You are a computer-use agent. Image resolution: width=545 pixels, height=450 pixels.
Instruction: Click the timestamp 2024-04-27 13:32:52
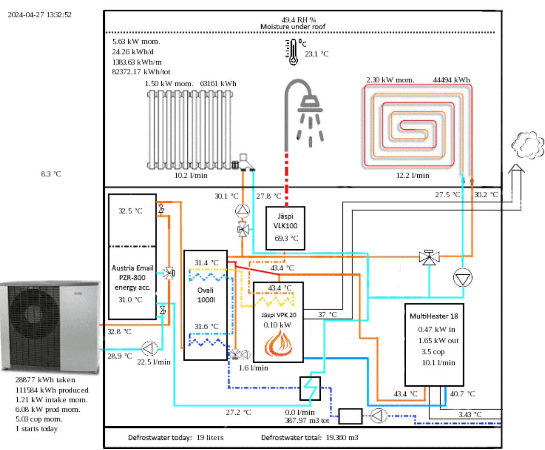[39, 15]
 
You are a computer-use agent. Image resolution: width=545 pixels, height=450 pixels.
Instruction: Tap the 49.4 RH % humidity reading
[299, 20]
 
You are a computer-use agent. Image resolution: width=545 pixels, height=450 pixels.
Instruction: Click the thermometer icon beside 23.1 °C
[292, 52]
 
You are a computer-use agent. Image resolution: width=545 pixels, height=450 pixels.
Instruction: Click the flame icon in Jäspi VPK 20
[278, 343]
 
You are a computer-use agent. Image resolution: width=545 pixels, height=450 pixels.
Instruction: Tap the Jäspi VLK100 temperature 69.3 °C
[286, 238]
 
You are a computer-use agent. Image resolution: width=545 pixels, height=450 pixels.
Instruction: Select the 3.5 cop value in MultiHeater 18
[433, 352]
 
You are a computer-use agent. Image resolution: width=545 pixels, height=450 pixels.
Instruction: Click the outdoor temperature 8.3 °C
[51, 174]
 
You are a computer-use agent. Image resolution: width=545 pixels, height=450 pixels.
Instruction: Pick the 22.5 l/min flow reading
[154, 362]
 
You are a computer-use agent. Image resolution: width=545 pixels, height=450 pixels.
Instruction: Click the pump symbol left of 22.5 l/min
[149, 348]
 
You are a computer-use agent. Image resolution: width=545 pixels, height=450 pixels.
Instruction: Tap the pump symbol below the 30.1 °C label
[242, 211]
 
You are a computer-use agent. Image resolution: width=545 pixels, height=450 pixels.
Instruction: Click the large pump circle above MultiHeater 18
[462, 278]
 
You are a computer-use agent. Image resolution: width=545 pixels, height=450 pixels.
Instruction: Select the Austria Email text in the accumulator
[132, 268]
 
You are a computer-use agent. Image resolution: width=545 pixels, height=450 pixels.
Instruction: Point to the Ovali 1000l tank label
[206, 295]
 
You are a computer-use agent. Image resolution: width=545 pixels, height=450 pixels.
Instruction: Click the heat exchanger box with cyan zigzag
[310, 388]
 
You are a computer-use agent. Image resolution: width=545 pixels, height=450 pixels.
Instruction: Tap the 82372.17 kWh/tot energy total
[141, 72]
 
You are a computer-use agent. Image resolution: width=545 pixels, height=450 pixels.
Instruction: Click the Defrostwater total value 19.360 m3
[342, 437]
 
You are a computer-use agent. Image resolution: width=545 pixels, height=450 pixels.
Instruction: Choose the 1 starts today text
[37, 429]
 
